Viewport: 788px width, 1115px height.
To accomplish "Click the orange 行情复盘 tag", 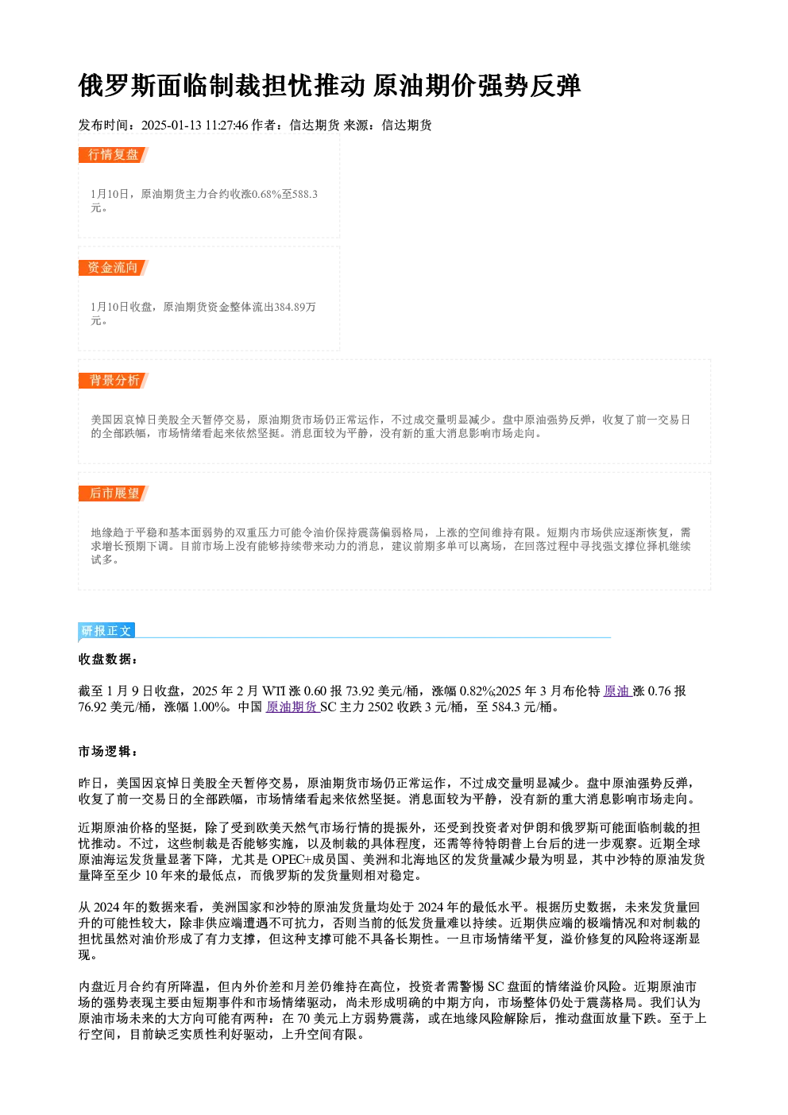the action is tap(113, 155).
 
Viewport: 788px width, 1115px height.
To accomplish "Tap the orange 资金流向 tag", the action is tap(113, 268).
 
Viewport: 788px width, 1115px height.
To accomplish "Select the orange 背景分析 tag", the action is tap(113, 381).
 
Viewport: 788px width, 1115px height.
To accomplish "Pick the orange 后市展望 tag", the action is tap(113, 494).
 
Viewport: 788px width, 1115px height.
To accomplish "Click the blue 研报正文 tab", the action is tap(106, 631).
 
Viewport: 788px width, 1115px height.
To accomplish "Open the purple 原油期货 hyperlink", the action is tap(292, 707).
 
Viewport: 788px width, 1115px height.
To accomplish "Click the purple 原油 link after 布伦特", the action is tap(617, 691).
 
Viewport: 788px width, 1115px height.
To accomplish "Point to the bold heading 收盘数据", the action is tap(107, 660).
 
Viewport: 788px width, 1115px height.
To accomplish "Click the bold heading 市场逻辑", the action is tap(107, 752).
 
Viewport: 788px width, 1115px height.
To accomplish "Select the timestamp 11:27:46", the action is tap(226, 126).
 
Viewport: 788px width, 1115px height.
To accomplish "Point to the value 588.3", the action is tap(305, 194).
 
